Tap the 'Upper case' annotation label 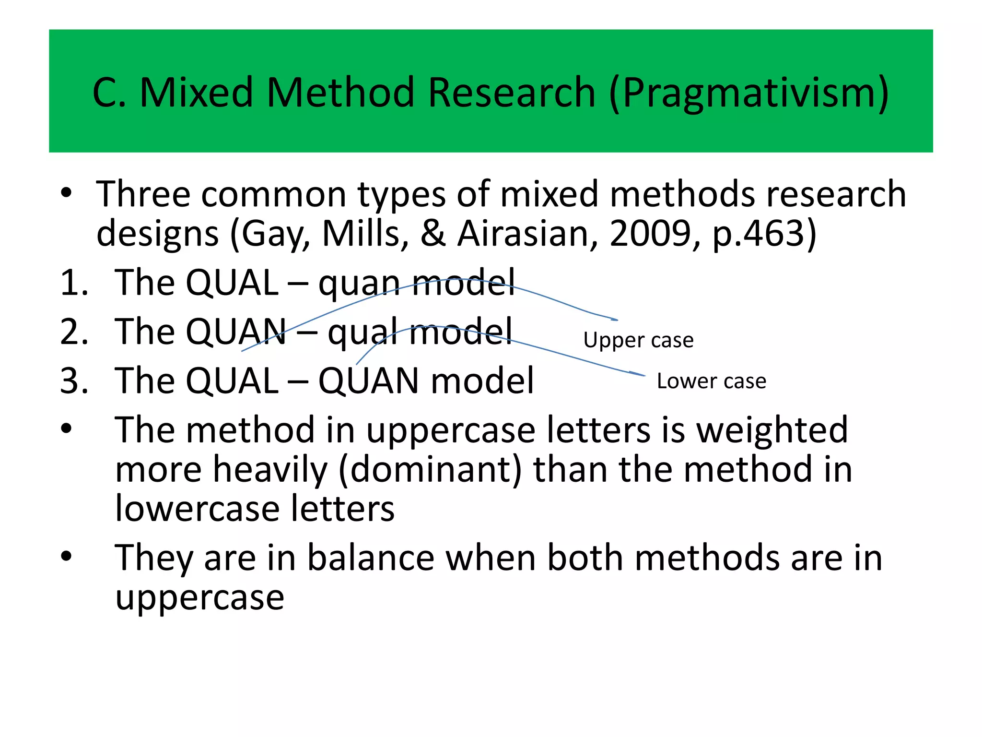[638, 340]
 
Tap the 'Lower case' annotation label [712, 381]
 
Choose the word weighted [772, 430]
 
